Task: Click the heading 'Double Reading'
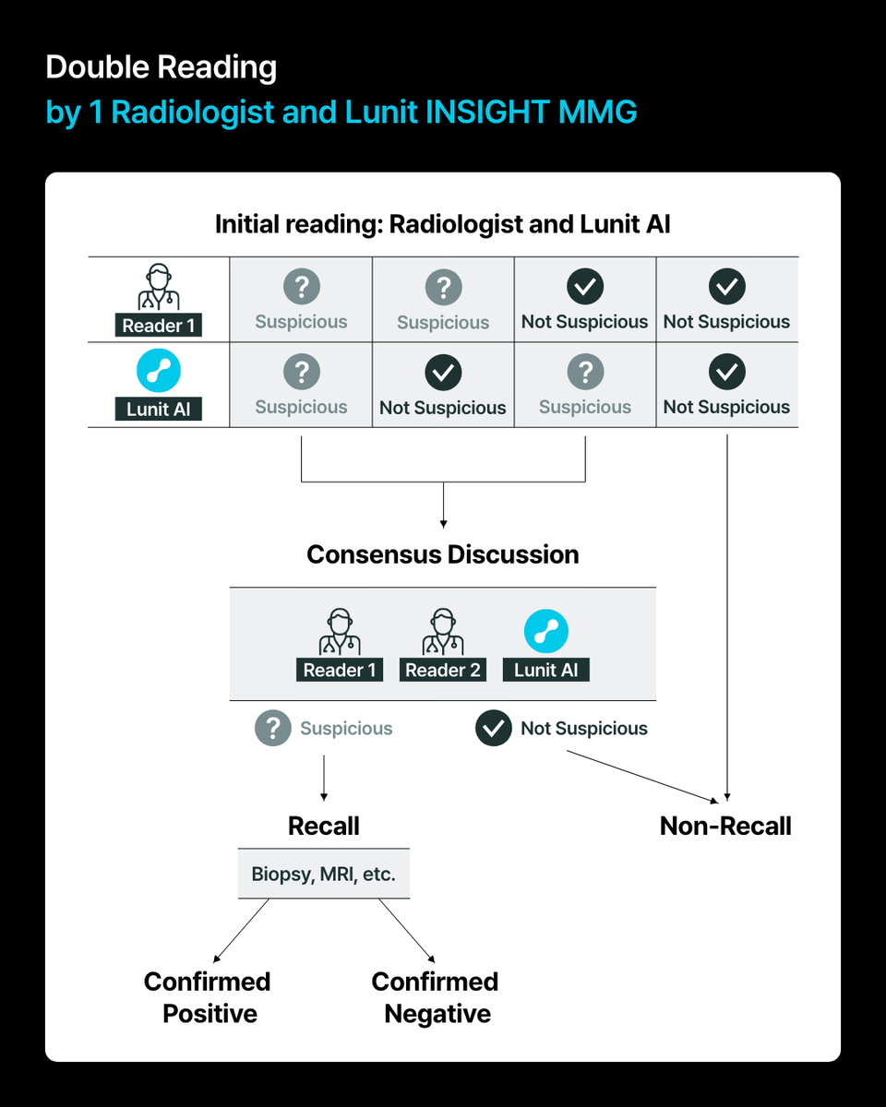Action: click(x=161, y=67)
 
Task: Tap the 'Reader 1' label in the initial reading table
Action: click(x=159, y=326)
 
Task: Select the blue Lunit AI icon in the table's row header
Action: click(x=159, y=372)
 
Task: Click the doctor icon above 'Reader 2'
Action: click(x=443, y=633)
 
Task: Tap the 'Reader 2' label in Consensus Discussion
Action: click(x=443, y=671)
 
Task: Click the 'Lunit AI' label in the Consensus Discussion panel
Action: click(x=546, y=671)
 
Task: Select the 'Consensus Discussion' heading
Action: click(x=443, y=554)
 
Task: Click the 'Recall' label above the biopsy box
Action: click(x=324, y=826)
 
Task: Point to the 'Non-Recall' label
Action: click(x=725, y=826)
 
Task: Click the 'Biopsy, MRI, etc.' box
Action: click(x=324, y=874)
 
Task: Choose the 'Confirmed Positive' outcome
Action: click(x=208, y=997)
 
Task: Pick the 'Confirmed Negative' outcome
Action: click(x=436, y=997)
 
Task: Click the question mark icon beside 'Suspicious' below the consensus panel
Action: click(x=272, y=729)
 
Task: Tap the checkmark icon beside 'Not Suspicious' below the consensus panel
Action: click(x=494, y=729)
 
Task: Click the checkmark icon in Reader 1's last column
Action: click(x=726, y=287)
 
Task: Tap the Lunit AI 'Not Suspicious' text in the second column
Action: click(x=443, y=408)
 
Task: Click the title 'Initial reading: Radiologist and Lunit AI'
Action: click(x=443, y=224)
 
